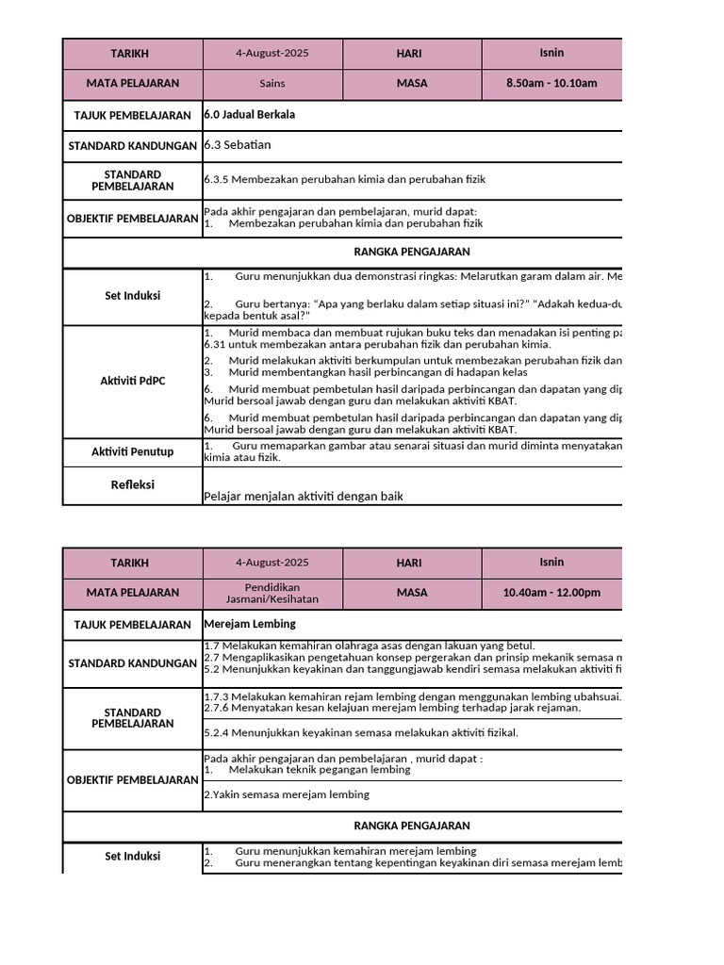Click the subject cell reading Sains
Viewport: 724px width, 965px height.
(x=272, y=83)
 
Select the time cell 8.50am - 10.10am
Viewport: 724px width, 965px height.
(x=551, y=83)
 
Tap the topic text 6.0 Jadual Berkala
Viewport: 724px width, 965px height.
(x=250, y=114)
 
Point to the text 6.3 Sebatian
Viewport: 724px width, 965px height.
(x=238, y=145)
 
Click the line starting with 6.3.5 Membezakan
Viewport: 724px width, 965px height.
(x=345, y=179)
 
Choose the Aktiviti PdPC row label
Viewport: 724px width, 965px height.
(x=132, y=381)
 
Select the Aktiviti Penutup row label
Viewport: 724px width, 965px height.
(x=132, y=452)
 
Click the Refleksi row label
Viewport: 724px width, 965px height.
(x=132, y=484)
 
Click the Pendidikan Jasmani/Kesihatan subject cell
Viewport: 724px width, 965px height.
(x=272, y=593)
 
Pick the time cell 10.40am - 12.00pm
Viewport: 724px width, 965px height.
(x=551, y=593)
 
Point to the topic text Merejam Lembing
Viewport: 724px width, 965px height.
(x=250, y=624)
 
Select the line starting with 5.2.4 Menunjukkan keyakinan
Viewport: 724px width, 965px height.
(x=361, y=732)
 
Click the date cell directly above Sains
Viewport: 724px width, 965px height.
(x=272, y=53)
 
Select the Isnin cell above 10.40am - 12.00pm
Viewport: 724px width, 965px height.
(x=551, y=562)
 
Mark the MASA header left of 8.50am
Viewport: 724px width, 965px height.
(x=412, y=83)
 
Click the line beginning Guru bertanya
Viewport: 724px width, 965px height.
(x=415, y=303)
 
